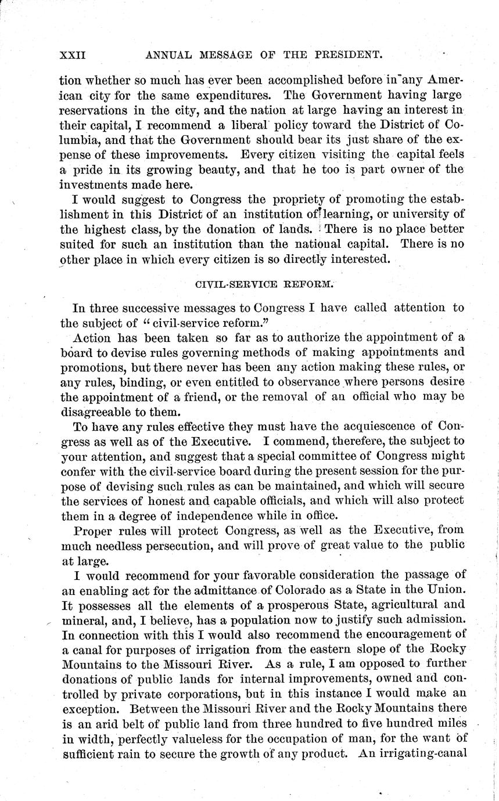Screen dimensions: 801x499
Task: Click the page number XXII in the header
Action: coord(73,55)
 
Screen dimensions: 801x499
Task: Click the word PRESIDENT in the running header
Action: coord(342,55)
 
